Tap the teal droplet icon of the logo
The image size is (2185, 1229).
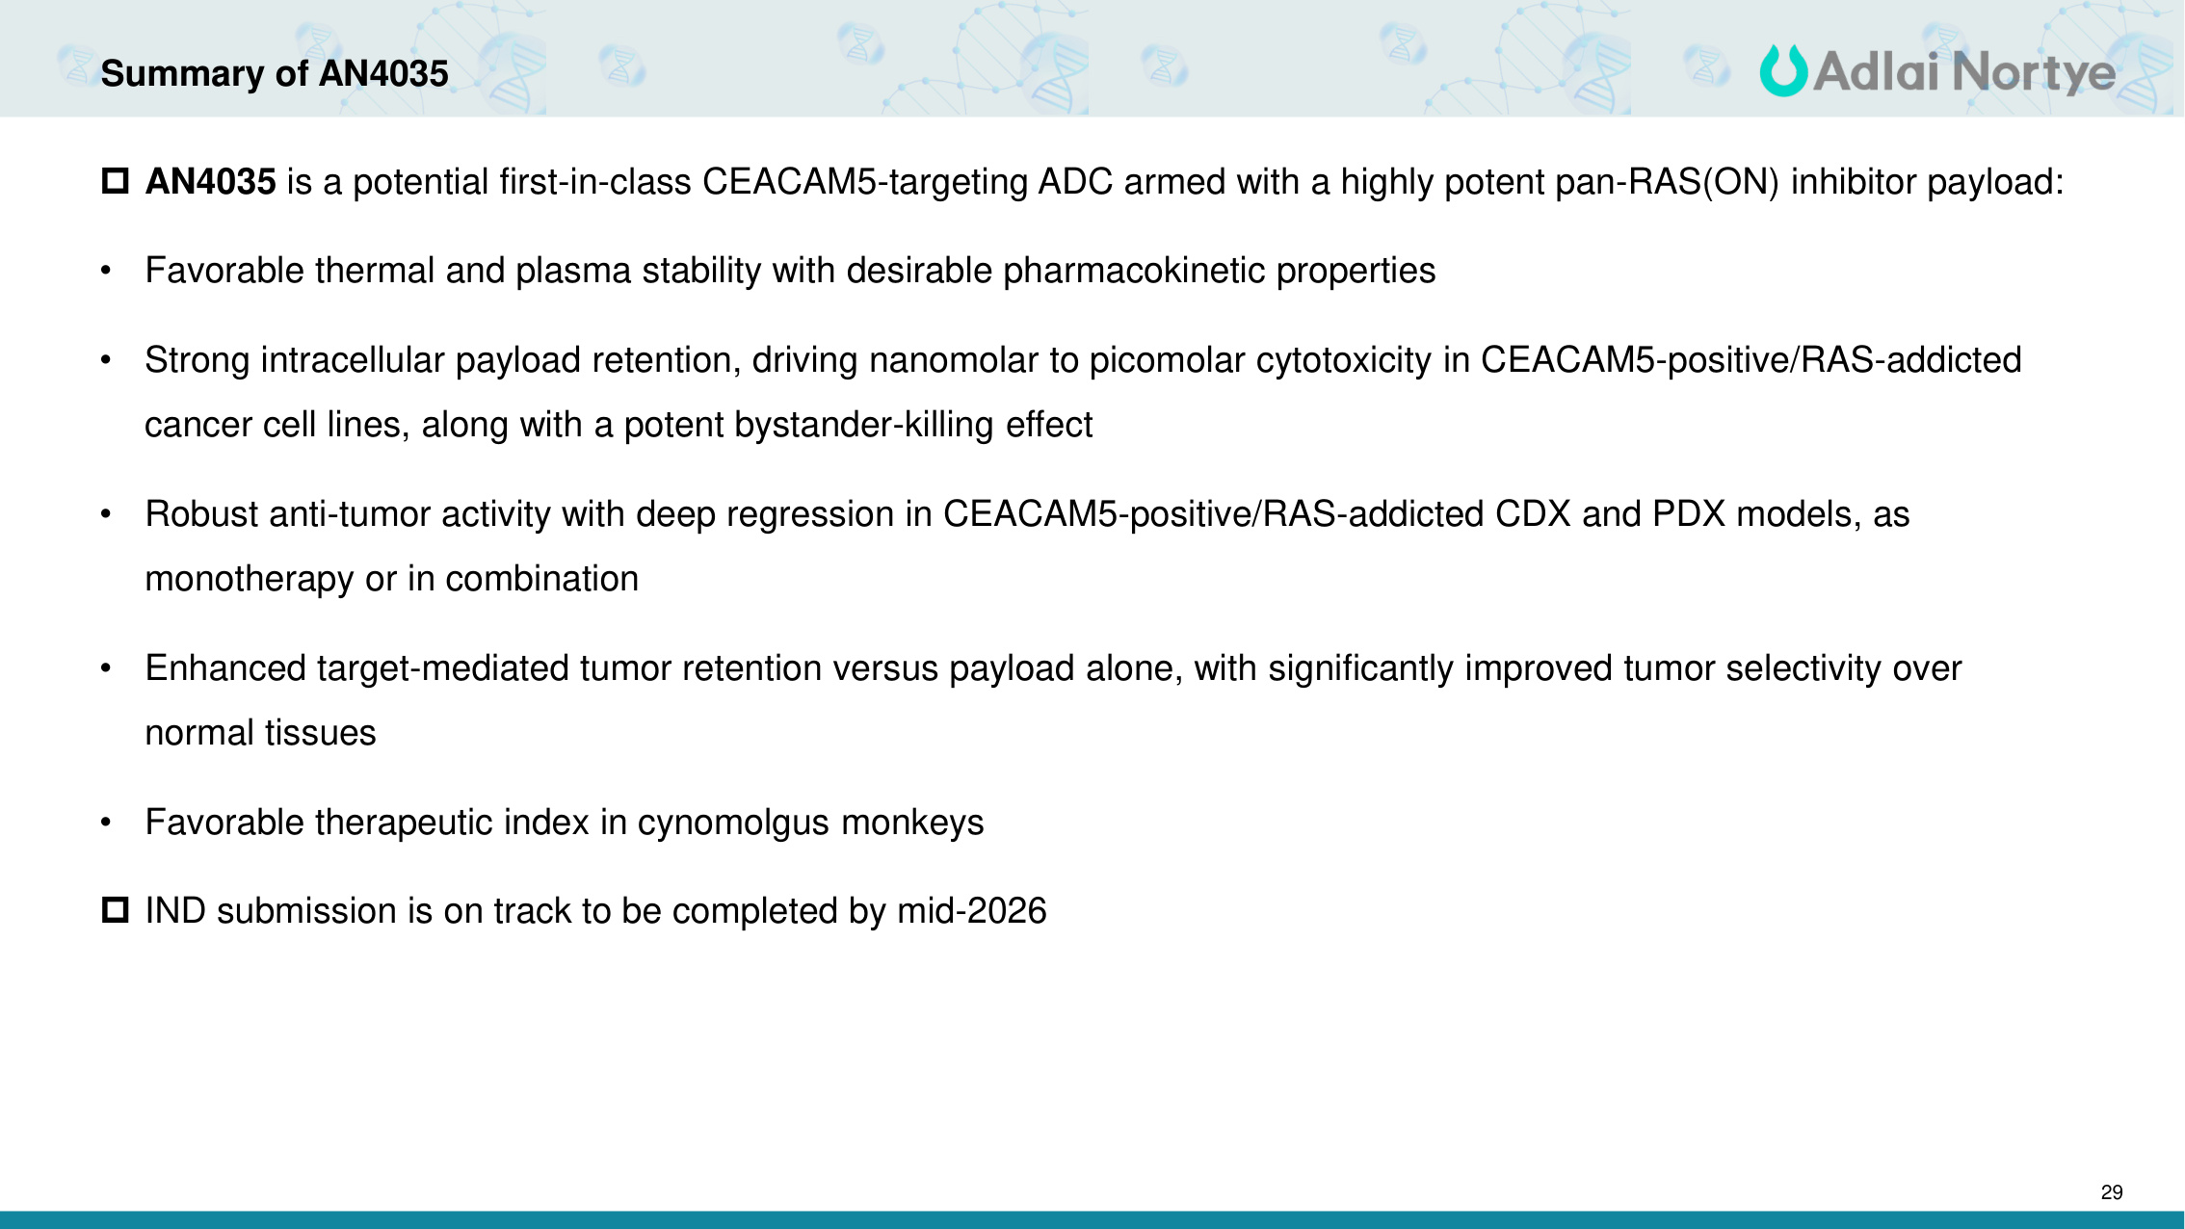coord(1783,71)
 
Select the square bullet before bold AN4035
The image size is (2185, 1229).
coord(116,180)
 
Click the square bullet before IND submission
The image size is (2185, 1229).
coord(116,909)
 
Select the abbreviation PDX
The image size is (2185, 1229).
coord(1689,514)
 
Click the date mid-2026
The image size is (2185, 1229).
coord(972,910)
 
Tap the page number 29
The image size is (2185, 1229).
coord(2112,1192)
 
